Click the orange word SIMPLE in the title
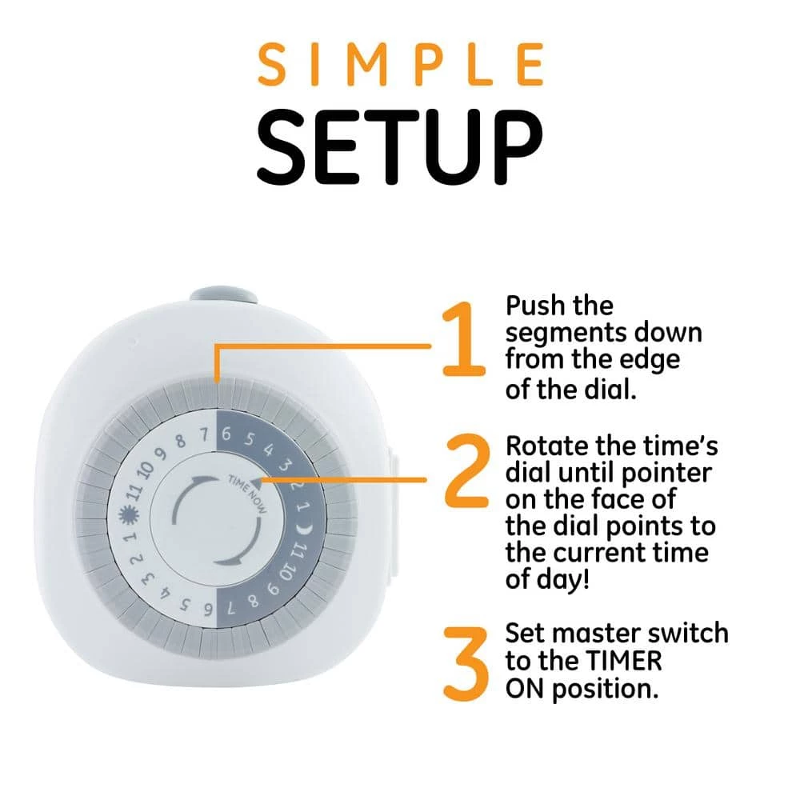pos(401,65)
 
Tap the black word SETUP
pos(400,147)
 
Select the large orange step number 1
pos(462,339)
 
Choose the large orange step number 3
pos(466,664)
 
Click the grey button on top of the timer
pos(223,296)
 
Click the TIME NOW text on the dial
pos(247,494)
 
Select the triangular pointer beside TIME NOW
pos(257,478)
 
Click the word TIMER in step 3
pos(623,662)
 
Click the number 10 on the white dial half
pos(146,469)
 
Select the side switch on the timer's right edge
pos(393,514)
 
